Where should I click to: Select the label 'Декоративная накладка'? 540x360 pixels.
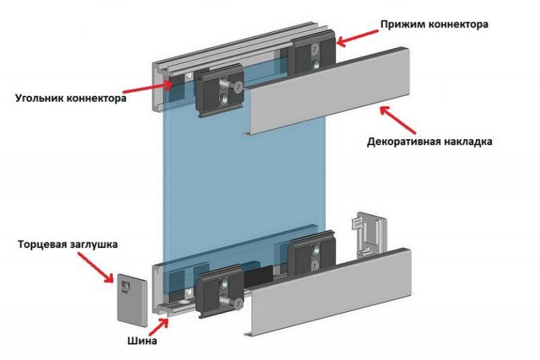(x=430, y=143)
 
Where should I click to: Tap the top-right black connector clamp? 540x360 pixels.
(x=313, y=55)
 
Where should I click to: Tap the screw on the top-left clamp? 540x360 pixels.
(x=237, y=86)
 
